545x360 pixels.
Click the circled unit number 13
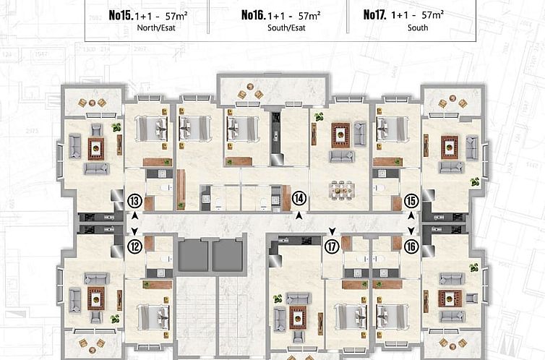[134, 202]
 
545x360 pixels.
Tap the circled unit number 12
[134, 246]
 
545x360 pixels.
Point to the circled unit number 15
[411, 202]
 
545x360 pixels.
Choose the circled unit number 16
[411, 246]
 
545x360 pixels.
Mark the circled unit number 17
[332, 246]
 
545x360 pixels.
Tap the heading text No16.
[253, 14]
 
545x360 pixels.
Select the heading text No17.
[375, 14]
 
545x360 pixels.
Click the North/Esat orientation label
[151, 28]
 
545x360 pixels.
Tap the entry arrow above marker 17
[332, 231]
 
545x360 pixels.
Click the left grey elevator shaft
[192, 255]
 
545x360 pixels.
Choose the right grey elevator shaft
[227, 255]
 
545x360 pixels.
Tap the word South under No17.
[417, 28]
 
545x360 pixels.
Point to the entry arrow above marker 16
[411, 231]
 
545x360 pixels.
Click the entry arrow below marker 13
[134, 215]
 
